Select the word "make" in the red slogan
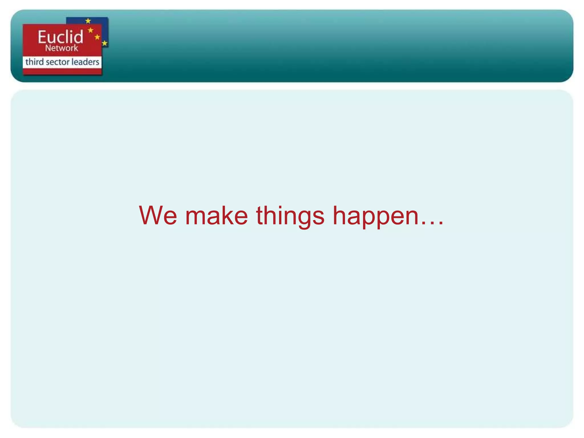pyautogui.click(x=216, y=216)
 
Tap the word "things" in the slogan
pyautogui.click(x=290, y=216)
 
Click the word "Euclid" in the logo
pyautogui.click(x=60, y=37)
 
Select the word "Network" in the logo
pyautogui.click(x=61, y=48)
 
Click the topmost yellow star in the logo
pyautogui.click(x=88, y=21)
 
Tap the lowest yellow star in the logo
pyautogui.click(x=105, y=43)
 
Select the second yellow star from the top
pyautogui.click(x=91, y=30)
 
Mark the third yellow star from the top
pyautogui.click(x=97, y=37)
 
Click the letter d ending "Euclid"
pyautogui.click(x=79, y=37)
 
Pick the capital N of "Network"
pyautogui.click(x=48, y=48)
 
